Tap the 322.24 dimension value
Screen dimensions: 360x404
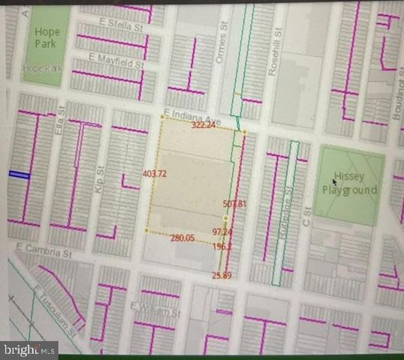coord(204,125)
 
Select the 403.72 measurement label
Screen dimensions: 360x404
coord(154,174)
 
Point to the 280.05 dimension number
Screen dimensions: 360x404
coord(182,238)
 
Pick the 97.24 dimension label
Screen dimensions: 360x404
coord(222,232)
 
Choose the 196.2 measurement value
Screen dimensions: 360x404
coord(222,246)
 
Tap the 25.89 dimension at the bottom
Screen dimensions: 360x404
coord(222,277)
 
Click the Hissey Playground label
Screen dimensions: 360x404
coord(355,184)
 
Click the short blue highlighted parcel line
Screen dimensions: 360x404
coord(19,175)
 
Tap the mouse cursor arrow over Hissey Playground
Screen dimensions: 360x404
coord(335,181)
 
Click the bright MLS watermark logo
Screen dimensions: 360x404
coord(29,349)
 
